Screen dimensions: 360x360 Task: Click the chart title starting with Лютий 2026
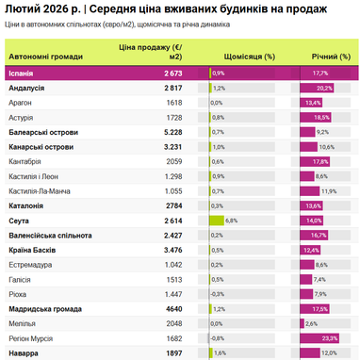pyautogui.click(x=179, y=9)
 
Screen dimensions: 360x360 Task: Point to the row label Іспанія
pyautogui.click(x=23, y=73)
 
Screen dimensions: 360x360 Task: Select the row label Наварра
pyautogui.click(x=26, y=352)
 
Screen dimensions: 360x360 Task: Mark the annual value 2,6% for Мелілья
pyautogui.click(x=311, y=323)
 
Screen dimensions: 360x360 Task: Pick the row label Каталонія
pyautogui.click(x=31, y=205)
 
